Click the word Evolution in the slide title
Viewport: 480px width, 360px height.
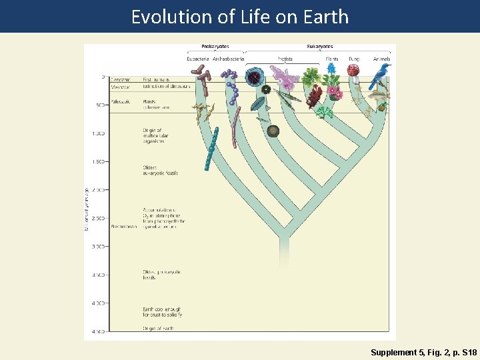click(163, 16)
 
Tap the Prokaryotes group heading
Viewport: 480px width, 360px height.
click(215, 47)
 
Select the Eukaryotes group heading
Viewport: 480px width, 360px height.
click(320, 47)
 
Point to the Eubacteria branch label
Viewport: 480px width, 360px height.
click(199, 59)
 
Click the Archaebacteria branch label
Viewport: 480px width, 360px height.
click(228, 59)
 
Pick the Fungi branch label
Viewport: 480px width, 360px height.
click(353, 59)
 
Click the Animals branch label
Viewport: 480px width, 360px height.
click(382, 59)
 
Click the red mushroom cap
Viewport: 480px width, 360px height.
click(353, 70)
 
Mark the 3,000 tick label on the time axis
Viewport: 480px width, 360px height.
click(98, 247)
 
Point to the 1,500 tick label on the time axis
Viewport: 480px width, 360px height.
click(98, 161)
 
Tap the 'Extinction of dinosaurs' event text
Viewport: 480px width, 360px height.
click(166, 86)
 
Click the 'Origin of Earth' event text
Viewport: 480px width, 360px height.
click(157, 329)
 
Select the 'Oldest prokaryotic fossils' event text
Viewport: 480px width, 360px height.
click(161, 274)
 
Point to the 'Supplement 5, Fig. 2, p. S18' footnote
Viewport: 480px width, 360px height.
click(424, 351)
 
